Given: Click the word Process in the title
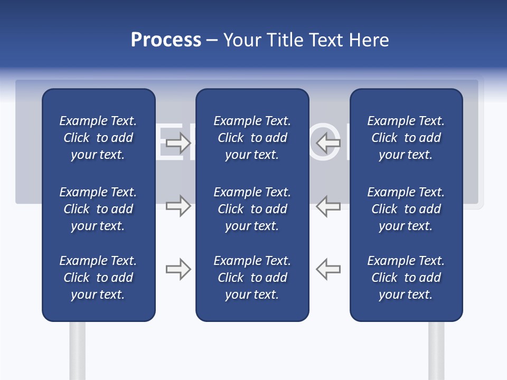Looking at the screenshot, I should (166, 40).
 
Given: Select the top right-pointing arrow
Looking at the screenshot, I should (178, 142).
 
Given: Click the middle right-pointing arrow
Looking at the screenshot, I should (178, 206).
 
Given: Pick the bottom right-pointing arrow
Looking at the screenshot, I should (178, 269).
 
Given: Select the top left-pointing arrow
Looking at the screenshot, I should (328, 142).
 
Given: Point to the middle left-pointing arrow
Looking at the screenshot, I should (328, 206).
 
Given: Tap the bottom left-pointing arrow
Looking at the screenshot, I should (328, 269).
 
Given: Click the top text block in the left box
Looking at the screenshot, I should (98, 138).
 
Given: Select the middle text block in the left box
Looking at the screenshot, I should (98, 209).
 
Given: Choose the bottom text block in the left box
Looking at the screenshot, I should (98, 278).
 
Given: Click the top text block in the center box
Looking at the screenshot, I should (252, 138).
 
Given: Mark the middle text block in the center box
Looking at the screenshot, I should (252, 209).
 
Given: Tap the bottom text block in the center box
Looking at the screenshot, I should (252, 278).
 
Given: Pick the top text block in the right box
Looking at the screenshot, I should (406, 138).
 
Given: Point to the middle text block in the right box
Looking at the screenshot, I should (406, 209).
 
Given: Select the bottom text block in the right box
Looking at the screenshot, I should (406, 278).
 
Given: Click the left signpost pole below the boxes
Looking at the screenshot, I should (77, 351).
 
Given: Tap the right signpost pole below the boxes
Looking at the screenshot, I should (436, 351).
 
